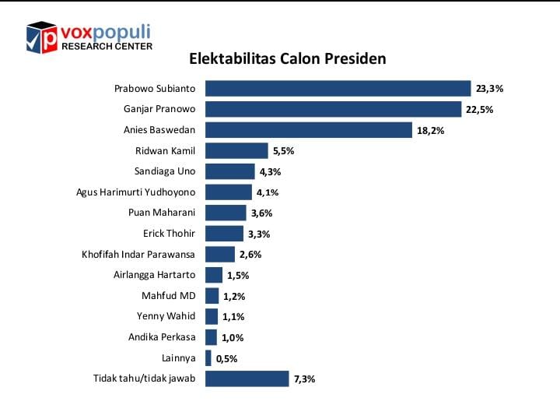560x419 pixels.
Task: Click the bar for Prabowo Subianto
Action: click(338, 89)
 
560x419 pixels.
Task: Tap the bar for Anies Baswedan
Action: click(308, 130)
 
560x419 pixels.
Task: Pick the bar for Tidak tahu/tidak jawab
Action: click(247, 379)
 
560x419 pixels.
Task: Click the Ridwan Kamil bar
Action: click(236, 151)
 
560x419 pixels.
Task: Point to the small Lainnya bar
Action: click(208, 358)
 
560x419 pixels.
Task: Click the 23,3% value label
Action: click(490, 90)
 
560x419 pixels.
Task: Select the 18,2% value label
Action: click(430, 131)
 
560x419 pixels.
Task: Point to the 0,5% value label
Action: click(227, 359)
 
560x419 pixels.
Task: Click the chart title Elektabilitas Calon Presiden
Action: click(288, 59)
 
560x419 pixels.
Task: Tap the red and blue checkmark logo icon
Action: click(42, 37)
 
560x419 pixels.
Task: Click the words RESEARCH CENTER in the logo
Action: click(106, 46)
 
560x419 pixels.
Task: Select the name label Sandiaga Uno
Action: click(165, 171)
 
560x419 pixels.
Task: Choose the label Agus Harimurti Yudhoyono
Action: click(136, 192)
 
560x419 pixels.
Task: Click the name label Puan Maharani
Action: click(162, 213)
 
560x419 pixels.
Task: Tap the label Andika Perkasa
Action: click(162, 337)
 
